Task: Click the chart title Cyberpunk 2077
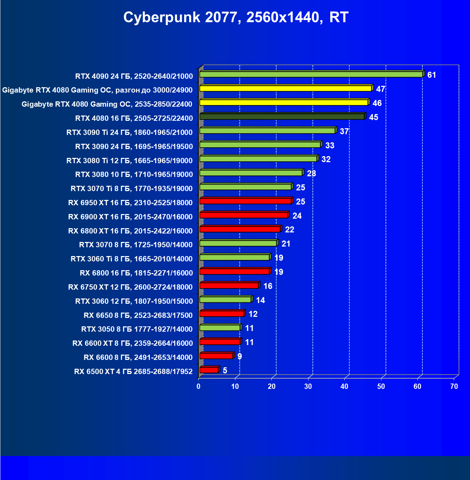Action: pos(236,17)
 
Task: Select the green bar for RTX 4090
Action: pos(311,74)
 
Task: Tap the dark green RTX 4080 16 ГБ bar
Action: pos(282,117)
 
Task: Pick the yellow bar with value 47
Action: pos(286,88)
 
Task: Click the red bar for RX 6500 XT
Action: pos(209,370)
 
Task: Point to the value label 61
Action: pos(432,75)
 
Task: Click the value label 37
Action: pos(344,131)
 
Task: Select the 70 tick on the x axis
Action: pos(454,386)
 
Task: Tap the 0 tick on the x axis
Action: pos(199,386)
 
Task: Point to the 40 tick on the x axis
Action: pos(344,386)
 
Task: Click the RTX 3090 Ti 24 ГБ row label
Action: pos(129,132)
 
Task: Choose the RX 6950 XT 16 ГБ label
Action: pos(130,203)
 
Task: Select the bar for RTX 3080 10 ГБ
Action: pos(251,173)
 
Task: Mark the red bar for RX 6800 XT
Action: pos(240,229)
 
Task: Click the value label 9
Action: pos(240,356)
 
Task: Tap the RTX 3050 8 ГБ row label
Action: pos(137,329)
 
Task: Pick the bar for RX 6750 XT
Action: pos(229,285)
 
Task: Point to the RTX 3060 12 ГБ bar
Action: pos(225,300)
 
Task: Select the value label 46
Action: pos(377,103)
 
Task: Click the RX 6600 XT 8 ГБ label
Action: pos(132,343)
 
